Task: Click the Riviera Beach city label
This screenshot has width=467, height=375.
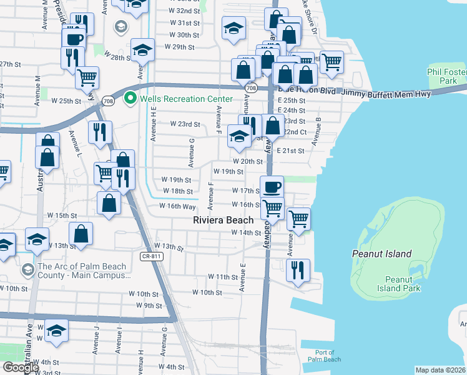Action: (224, 220)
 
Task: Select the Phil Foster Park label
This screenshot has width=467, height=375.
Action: (447, 77)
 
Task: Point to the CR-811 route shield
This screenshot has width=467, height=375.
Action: (152, 257)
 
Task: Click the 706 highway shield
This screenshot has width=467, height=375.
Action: (109, 101)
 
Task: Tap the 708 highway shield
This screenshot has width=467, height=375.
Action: (251, 89)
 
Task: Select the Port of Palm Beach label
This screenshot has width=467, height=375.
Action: (325, 356)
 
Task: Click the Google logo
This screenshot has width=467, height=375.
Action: (21, 367)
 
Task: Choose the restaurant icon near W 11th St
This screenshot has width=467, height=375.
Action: (298, 270)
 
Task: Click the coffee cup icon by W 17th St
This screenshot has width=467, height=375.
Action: (272, 187)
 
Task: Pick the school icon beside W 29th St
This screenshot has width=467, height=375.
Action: (143, 49)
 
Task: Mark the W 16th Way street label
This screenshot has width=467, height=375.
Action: (178, 206)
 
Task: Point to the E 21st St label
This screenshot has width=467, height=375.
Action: (290, 151)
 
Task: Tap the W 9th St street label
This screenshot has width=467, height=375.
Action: (149, 306)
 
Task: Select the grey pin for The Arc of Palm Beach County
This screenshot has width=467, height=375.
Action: (27, 270)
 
